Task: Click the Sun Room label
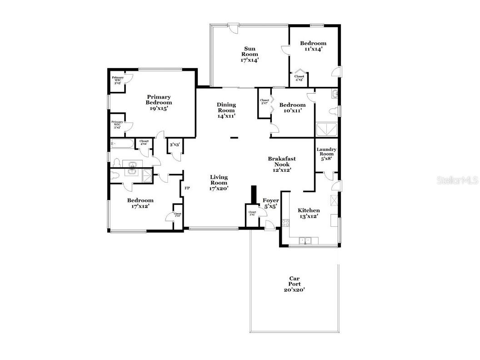click(x=250, y=54)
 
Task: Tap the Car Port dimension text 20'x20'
click(x=295, y=290)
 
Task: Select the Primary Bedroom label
click(x=159, y=100)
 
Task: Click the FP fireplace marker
click(x=187, y=187)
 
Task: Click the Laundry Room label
click(x=326, y=154)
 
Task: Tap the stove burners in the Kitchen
click(x=286, y=223)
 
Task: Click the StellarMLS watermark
click(x=457, y=180)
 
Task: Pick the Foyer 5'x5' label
click(x=271, y=203)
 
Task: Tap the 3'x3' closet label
click(x=175, y=145)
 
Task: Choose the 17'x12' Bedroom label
click(x=140, y=203)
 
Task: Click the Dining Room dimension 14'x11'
click(x=226, y=116)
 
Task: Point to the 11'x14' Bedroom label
click(x=313, y=46)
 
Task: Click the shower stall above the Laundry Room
click(x=327, y=130)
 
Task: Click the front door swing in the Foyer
click(x=269, y=224)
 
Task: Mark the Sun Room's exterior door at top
click(x=233, y=28)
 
